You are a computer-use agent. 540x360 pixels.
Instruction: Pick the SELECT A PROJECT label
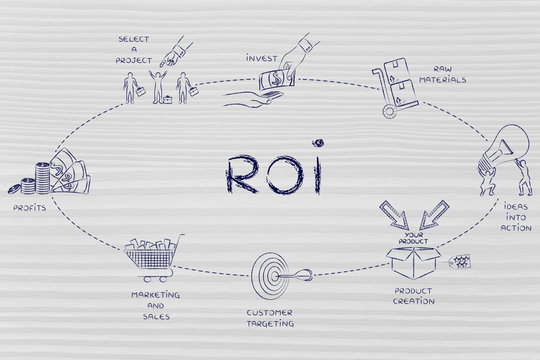click(133, 48)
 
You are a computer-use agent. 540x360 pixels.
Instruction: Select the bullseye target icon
click(268, 269)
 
